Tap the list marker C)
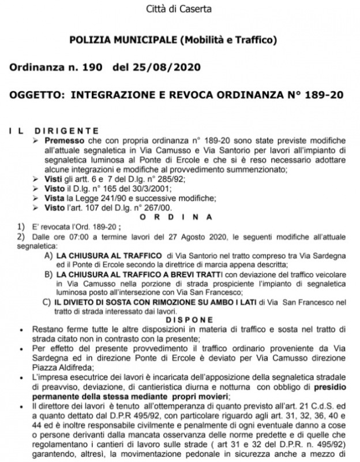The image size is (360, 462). [49, 301]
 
